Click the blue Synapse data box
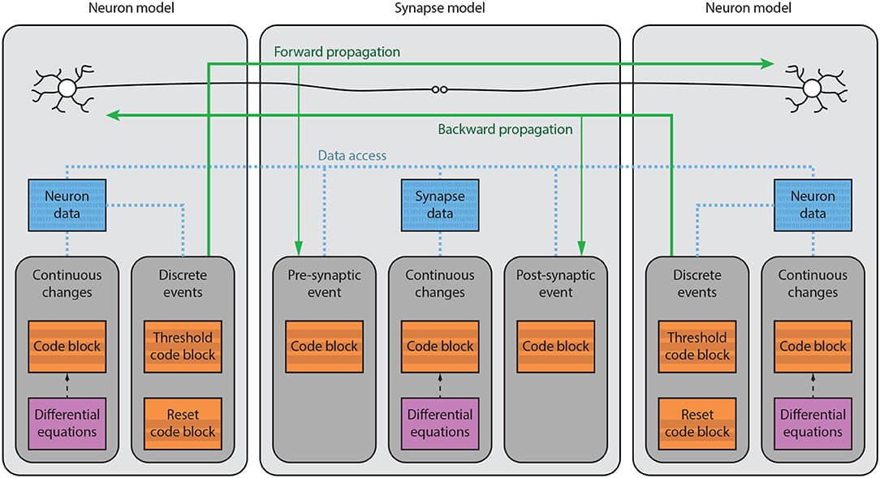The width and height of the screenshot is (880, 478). click(x=440, y=205)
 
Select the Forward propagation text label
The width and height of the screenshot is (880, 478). click(x=337, y=52)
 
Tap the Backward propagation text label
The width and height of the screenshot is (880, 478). click(x=505, y=129)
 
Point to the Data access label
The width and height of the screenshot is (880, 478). click(x=352, y=155)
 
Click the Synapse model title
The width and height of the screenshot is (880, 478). click(x=439, y=9)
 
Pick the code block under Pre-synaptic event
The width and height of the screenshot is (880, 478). click(x=324, y=347)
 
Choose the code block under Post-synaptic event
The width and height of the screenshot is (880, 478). click(x=555, y=347)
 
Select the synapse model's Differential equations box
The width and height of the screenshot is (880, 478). click(x=440, y=424)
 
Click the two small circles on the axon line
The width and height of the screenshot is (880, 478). click(x=439, y=91)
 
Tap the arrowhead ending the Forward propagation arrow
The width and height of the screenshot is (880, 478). click(x=766, y=62)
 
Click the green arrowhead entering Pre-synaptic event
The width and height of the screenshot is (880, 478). click(x=300, y=247)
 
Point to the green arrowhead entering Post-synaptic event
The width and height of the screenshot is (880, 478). click(x=581, y=247)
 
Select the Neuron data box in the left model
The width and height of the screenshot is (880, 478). click(x=67, y=205)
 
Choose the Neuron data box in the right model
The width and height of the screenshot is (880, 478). click(x=813, y=205)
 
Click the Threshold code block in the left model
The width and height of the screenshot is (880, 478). click(x=183, y=347)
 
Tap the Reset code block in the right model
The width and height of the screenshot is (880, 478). click(x=697, y=424)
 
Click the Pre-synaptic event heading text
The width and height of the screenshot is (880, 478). click(x=324, y=283)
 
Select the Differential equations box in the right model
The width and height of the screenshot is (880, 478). click(x=813, y=424)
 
